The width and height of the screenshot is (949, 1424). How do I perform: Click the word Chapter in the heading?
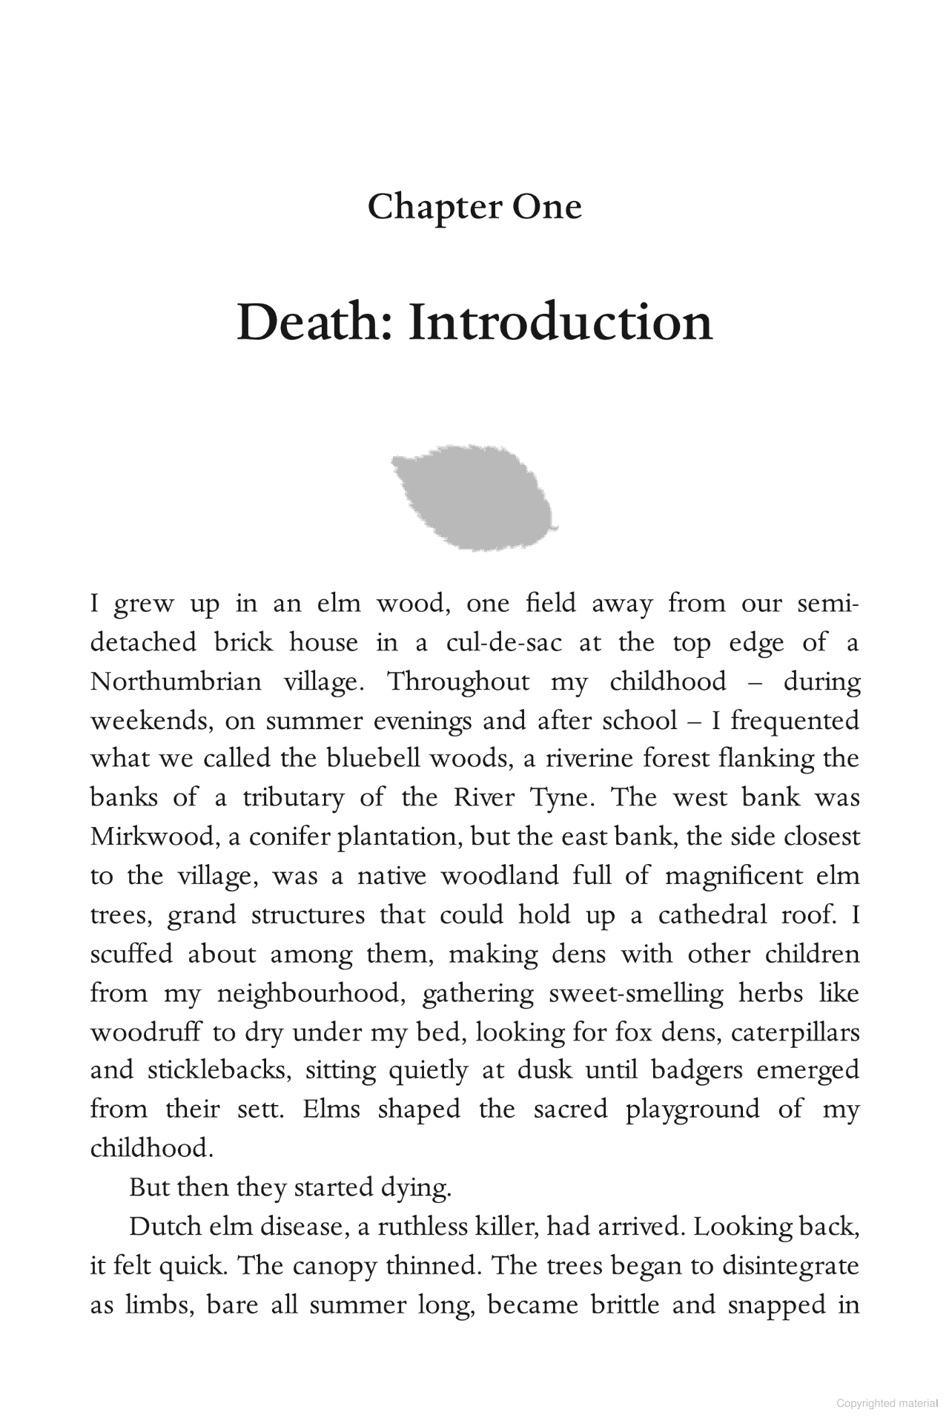pyautogui.click(x=429, y=207)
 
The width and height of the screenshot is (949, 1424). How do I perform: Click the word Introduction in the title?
pyautogui.click(x=561, y=323)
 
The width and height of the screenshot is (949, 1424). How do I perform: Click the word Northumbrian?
pyautogui.click(x=176, y=681)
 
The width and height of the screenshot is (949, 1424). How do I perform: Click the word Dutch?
pyautogui.click(x=164, y=1227)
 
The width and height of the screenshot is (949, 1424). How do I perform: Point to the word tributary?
pyautogui.click(x=294, y=797)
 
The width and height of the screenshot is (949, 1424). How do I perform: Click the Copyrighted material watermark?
pyautogui.click(x=887, y=1402)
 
